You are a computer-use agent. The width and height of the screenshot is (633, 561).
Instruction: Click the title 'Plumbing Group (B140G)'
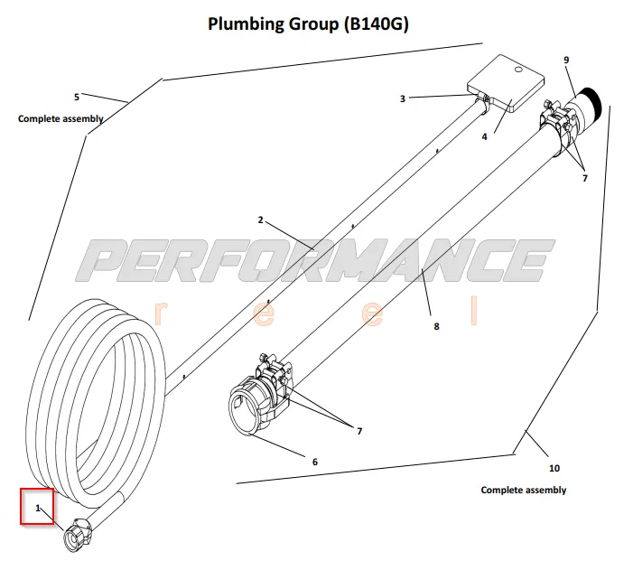click(x=308, y=24)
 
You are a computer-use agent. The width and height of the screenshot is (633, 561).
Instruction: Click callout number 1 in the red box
click(x=38, y=509)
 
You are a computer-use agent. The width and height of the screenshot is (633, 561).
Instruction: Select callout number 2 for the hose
click(x=259, y=220)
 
